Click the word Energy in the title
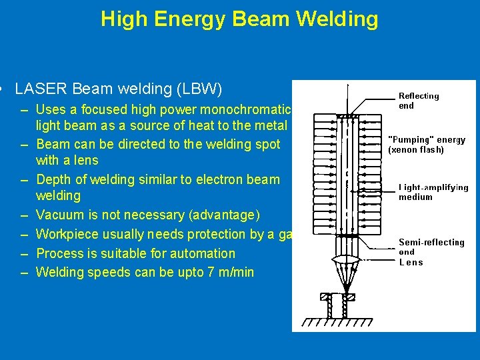coord(189,19)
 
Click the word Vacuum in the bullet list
coord(61,215)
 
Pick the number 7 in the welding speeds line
coord(205,272)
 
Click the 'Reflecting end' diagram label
coord(419,101)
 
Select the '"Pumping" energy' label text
coord(427,140)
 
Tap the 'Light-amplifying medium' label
coord(433,192)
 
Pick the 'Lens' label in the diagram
coord(411,262)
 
